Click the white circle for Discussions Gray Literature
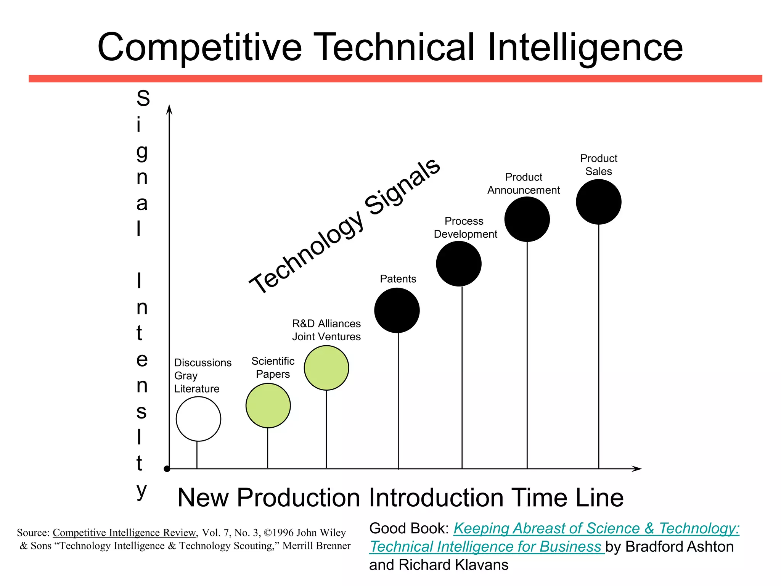tap(198, 419)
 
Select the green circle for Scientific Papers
tap(268, 406)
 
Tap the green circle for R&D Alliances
tap(326, 368)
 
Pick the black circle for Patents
tap(397, 311)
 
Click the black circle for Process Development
tap(459, 264)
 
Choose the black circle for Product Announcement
tap(527, 219)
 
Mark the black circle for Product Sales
tap(599, 202)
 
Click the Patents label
tap(398, 279)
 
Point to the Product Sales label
tap(599, 165)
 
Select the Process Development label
tap(465, 227)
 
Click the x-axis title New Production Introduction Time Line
tap(400, 497)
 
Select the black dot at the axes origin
tap(167, 469)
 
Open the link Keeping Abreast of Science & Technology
tap(596, 528)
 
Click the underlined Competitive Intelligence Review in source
tap(124, 533)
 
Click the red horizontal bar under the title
tap(395, 79)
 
